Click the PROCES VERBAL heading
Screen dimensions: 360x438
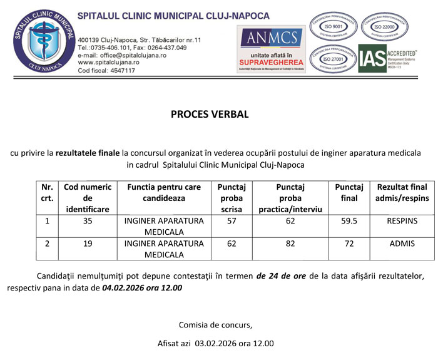(x=218, y=115)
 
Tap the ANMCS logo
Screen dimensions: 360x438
(x=272, y=48)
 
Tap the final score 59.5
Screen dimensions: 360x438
(x=349, y=222)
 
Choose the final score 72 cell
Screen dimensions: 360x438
(x=349, y=244)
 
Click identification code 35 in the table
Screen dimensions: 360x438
(x=88, y=222)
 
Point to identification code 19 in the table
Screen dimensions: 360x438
(x=88, y=244)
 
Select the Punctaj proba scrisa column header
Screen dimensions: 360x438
(x=231, y=198)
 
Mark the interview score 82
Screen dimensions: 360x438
(x=290, y=244)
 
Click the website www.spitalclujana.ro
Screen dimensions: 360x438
(x=108, y=63)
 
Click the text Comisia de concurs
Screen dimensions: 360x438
(x=216, y=324)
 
